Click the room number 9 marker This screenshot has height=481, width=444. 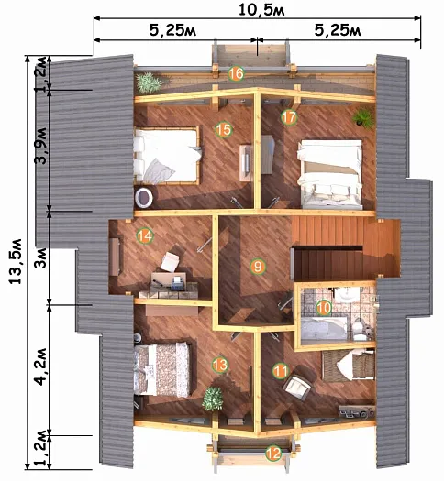tap(258, 267)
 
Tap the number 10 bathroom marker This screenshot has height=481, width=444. tap(324, 307)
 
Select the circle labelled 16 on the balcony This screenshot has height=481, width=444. tap(236, 74)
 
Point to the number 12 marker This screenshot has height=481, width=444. tap(273, 454)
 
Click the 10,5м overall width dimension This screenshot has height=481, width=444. tap(262, 10)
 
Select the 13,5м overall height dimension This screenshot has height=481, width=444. tap(16, 261)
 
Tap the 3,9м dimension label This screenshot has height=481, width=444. tap(41, 146)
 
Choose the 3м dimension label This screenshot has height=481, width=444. tap(41, 258)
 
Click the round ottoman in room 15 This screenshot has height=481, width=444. tap(144, 197)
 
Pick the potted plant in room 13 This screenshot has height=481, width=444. tap(213, 399)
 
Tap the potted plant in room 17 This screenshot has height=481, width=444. tap(363, 117)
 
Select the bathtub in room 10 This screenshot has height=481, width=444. tap(324, 328)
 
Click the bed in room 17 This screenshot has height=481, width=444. tap(330, 174)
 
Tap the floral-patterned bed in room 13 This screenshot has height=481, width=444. tap(162, 369)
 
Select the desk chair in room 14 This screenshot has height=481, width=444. tap(170, 262)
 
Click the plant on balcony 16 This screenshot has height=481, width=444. tap(149, 82)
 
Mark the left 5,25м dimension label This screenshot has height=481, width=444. tap(172, 31)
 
